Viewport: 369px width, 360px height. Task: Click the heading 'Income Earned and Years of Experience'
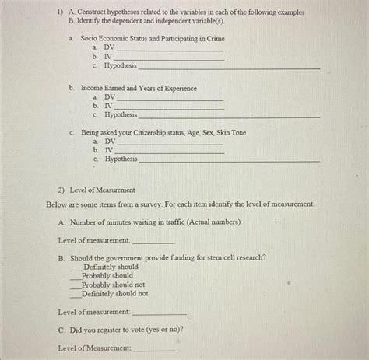click(x=139, y=88)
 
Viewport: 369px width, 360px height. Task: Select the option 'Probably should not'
click(x=113, y=285)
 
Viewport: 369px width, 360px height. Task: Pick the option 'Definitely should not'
click(x=114, y=294)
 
